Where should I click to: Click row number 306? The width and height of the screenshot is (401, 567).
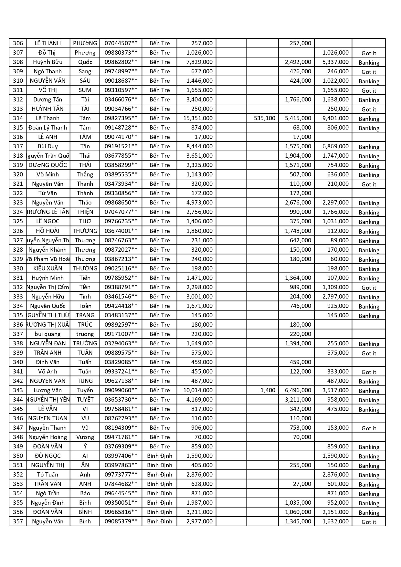[x=18, y=43]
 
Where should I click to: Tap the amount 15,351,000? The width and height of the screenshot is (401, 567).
[x=198, y=118]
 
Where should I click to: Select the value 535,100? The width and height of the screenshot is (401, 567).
[x=264, y=118]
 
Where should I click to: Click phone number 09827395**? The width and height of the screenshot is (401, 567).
[x=121, y=118]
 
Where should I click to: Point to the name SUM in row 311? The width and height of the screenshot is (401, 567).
[x=85, y=90]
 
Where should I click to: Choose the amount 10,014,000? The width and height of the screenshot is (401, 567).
[x=198, y=390]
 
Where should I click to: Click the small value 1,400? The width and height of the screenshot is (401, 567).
[x=268, y=390]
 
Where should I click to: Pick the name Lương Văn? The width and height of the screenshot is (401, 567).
[x=47, y=390]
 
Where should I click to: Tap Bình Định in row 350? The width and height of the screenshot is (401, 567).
[x=159, y=456]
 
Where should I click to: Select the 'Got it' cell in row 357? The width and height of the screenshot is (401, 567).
[x=369, y=522]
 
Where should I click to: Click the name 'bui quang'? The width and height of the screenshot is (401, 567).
[x=47, y=334]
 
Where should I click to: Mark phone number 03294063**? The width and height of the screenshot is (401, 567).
[x=121, y=343]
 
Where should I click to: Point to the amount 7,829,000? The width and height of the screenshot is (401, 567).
[x=199, y=62]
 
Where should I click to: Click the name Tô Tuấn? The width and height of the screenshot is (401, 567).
[x=47, y=475]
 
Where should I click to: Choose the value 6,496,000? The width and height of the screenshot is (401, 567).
[x=298, y=390]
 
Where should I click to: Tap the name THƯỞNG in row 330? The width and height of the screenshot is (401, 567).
[x=85, y=268]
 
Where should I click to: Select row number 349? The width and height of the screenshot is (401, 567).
[x=18, y=446]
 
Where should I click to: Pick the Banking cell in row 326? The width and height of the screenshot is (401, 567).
[x=369, y=231]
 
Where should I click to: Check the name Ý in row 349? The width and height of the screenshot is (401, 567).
[x=85, y=446]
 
